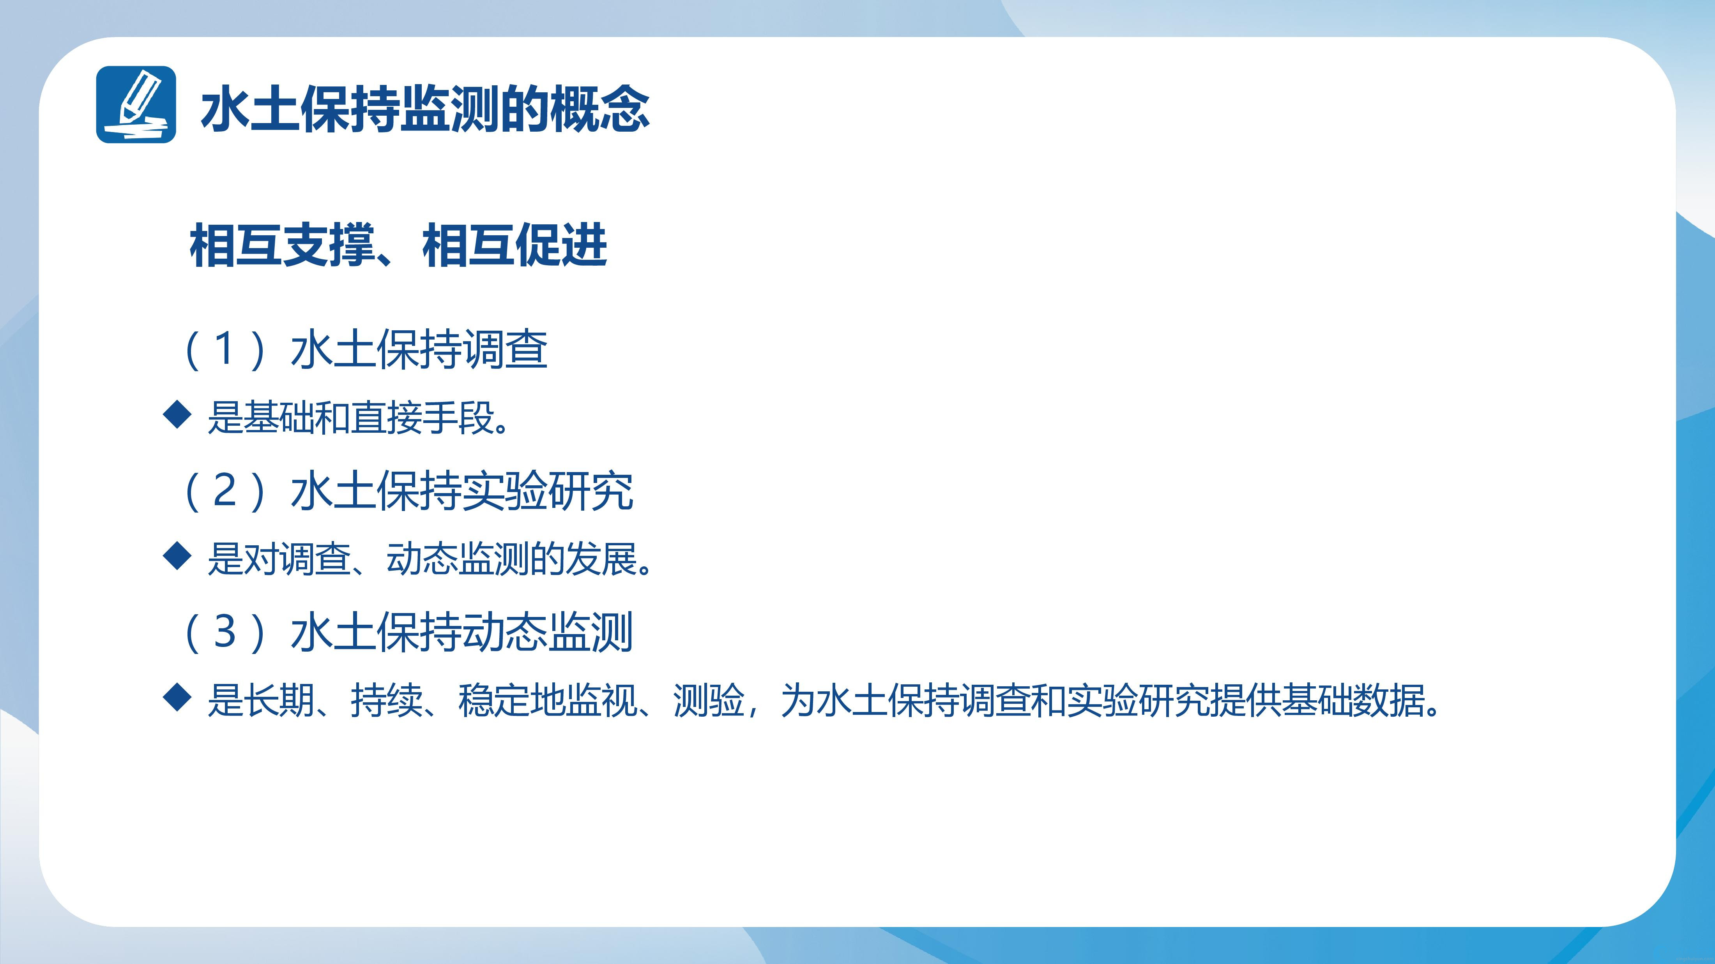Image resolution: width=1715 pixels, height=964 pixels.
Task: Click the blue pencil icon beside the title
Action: [136, 104]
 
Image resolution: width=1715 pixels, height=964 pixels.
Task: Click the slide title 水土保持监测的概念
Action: [425, 108]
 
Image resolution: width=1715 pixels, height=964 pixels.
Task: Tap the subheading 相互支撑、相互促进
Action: [398, 245]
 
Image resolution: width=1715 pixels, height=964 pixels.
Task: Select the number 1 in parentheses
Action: [225, 349]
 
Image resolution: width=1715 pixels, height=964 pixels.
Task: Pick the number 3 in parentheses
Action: [225, 631]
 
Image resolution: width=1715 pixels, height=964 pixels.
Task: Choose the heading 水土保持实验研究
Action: [461, 491]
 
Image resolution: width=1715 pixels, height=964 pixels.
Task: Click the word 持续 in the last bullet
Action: [387, 701]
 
